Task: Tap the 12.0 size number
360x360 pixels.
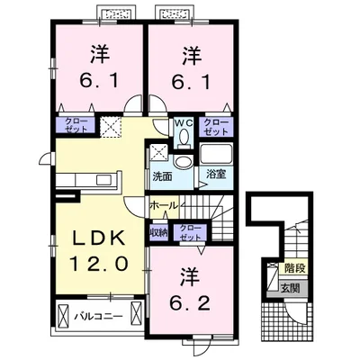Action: click(x=100, y=264)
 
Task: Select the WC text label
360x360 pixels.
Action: click(x=184, y=122)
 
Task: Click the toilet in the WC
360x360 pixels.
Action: click(x=184, y=138)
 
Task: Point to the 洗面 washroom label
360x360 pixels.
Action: click(x=162, y=176)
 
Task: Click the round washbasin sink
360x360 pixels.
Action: click(x=183, y=162)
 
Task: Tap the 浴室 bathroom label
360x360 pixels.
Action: click(x=215, y=175)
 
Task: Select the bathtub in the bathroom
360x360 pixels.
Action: click(x=216, y=154)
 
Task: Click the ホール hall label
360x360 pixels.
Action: click(x=164, y=206)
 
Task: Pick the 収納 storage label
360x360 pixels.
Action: click(x=158, y=232)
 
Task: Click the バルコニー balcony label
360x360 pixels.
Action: click(x=98, y=316)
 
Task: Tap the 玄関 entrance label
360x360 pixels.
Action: click(x=290, y=288)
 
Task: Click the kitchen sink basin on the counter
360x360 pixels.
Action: click(x=104, y=180)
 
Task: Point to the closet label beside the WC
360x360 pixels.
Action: click(x=216, y=127)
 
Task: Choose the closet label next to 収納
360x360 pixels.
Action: click(x=190, y=232)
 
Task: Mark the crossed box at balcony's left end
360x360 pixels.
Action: click(x=62, y=317)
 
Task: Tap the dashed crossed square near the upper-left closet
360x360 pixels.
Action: click(x=111, y=127)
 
